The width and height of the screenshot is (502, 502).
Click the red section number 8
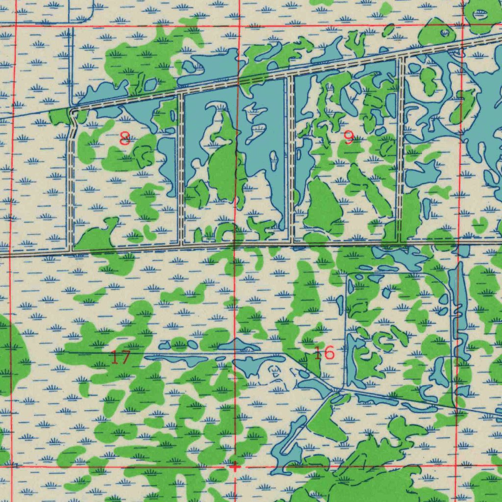click(125, 139)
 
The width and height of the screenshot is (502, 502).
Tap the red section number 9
click(349, 138)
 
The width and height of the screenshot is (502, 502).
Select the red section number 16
click(324, 352)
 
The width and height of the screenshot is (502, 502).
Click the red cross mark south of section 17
click(235, 466)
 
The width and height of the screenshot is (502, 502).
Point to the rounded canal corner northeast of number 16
click(447, 284)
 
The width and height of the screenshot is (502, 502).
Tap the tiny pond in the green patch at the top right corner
click(445, 33)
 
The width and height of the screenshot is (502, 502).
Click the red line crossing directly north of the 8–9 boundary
click(238, 25)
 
